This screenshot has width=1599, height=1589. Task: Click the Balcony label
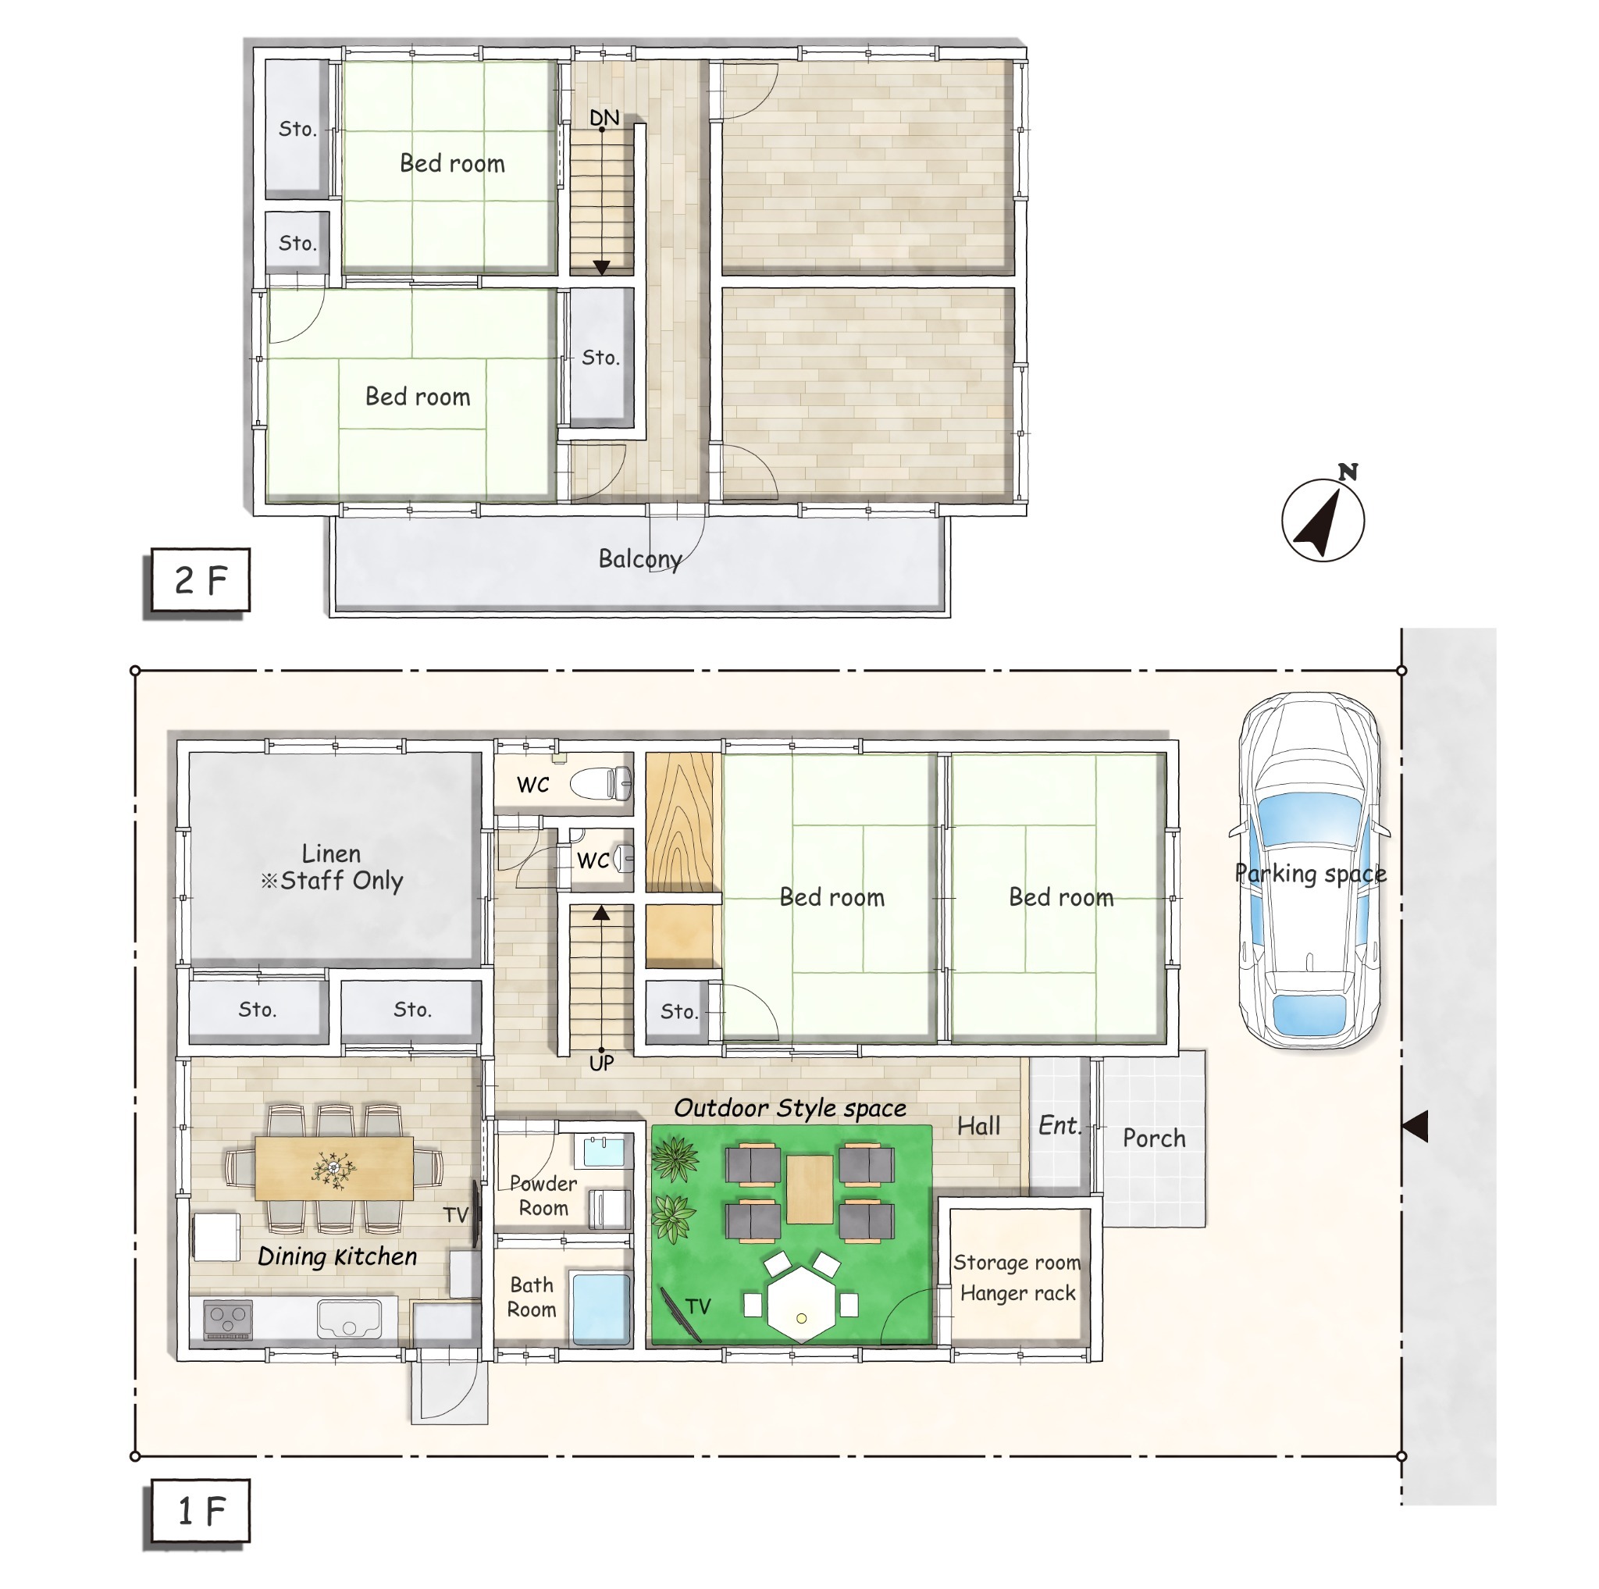click(639, 559)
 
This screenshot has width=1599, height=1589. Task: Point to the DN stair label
click(604, 118)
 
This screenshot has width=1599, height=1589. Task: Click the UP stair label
click(602, 1063)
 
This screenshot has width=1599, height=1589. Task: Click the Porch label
click(1154, 1138)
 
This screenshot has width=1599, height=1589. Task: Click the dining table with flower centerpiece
click(333, 1168)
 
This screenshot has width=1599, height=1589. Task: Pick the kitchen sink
click(349, 1319)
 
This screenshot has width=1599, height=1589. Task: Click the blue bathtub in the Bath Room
click(601, 1309)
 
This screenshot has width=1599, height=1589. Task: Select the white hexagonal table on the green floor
click(800, 1304)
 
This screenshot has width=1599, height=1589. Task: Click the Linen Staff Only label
click(332, 867)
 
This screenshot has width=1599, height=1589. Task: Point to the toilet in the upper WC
click(602, 783)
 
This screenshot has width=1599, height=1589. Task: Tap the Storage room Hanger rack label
click(1017, 1277)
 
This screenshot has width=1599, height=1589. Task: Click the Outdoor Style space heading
click(789, 1108)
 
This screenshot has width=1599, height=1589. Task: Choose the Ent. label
click(1059, 1125)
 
